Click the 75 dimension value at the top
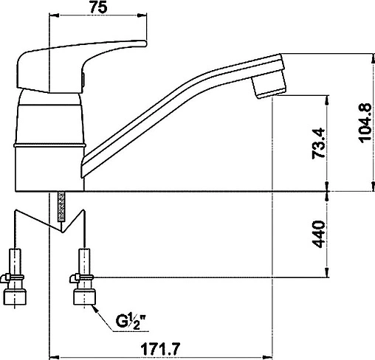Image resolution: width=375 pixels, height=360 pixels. point(98,7)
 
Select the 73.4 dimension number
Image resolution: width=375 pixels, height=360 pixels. point(318,143)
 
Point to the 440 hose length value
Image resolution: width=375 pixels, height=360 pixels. point(318,234)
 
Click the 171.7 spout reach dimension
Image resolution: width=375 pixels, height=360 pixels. point(160,348)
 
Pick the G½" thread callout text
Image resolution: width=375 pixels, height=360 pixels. point(131,322)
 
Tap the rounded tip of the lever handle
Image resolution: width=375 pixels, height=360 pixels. point(144,44)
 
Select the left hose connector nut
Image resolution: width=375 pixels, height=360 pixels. point(16,297)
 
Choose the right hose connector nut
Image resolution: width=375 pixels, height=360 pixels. point(84,297)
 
